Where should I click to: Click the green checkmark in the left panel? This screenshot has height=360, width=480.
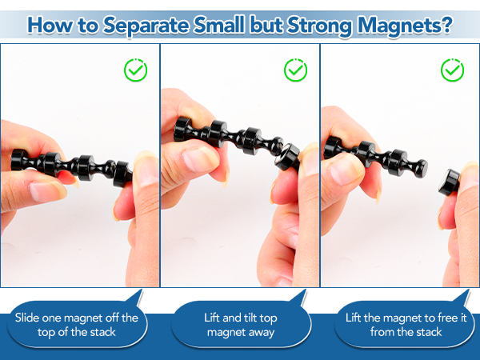(x=136, y=70)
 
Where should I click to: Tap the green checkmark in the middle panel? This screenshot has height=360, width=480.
(x=295, y=70)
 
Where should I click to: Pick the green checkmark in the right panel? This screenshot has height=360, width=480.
(x=453, y=70)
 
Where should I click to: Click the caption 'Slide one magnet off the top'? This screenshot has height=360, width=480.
(x=77, y=325)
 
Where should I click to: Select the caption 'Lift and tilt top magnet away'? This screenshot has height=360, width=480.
(x=241, y=325)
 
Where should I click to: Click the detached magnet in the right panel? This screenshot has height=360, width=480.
(x=450, y=182)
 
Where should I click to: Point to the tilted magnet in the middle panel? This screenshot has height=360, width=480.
(x=287, y=157)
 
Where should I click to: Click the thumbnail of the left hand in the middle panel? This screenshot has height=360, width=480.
(x=196, y=158)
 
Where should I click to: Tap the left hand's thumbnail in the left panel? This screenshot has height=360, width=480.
(x=46, y=192)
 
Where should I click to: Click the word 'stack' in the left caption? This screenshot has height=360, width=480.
(x=101, y=332)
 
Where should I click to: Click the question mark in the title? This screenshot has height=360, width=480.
(x=447, y=25)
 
